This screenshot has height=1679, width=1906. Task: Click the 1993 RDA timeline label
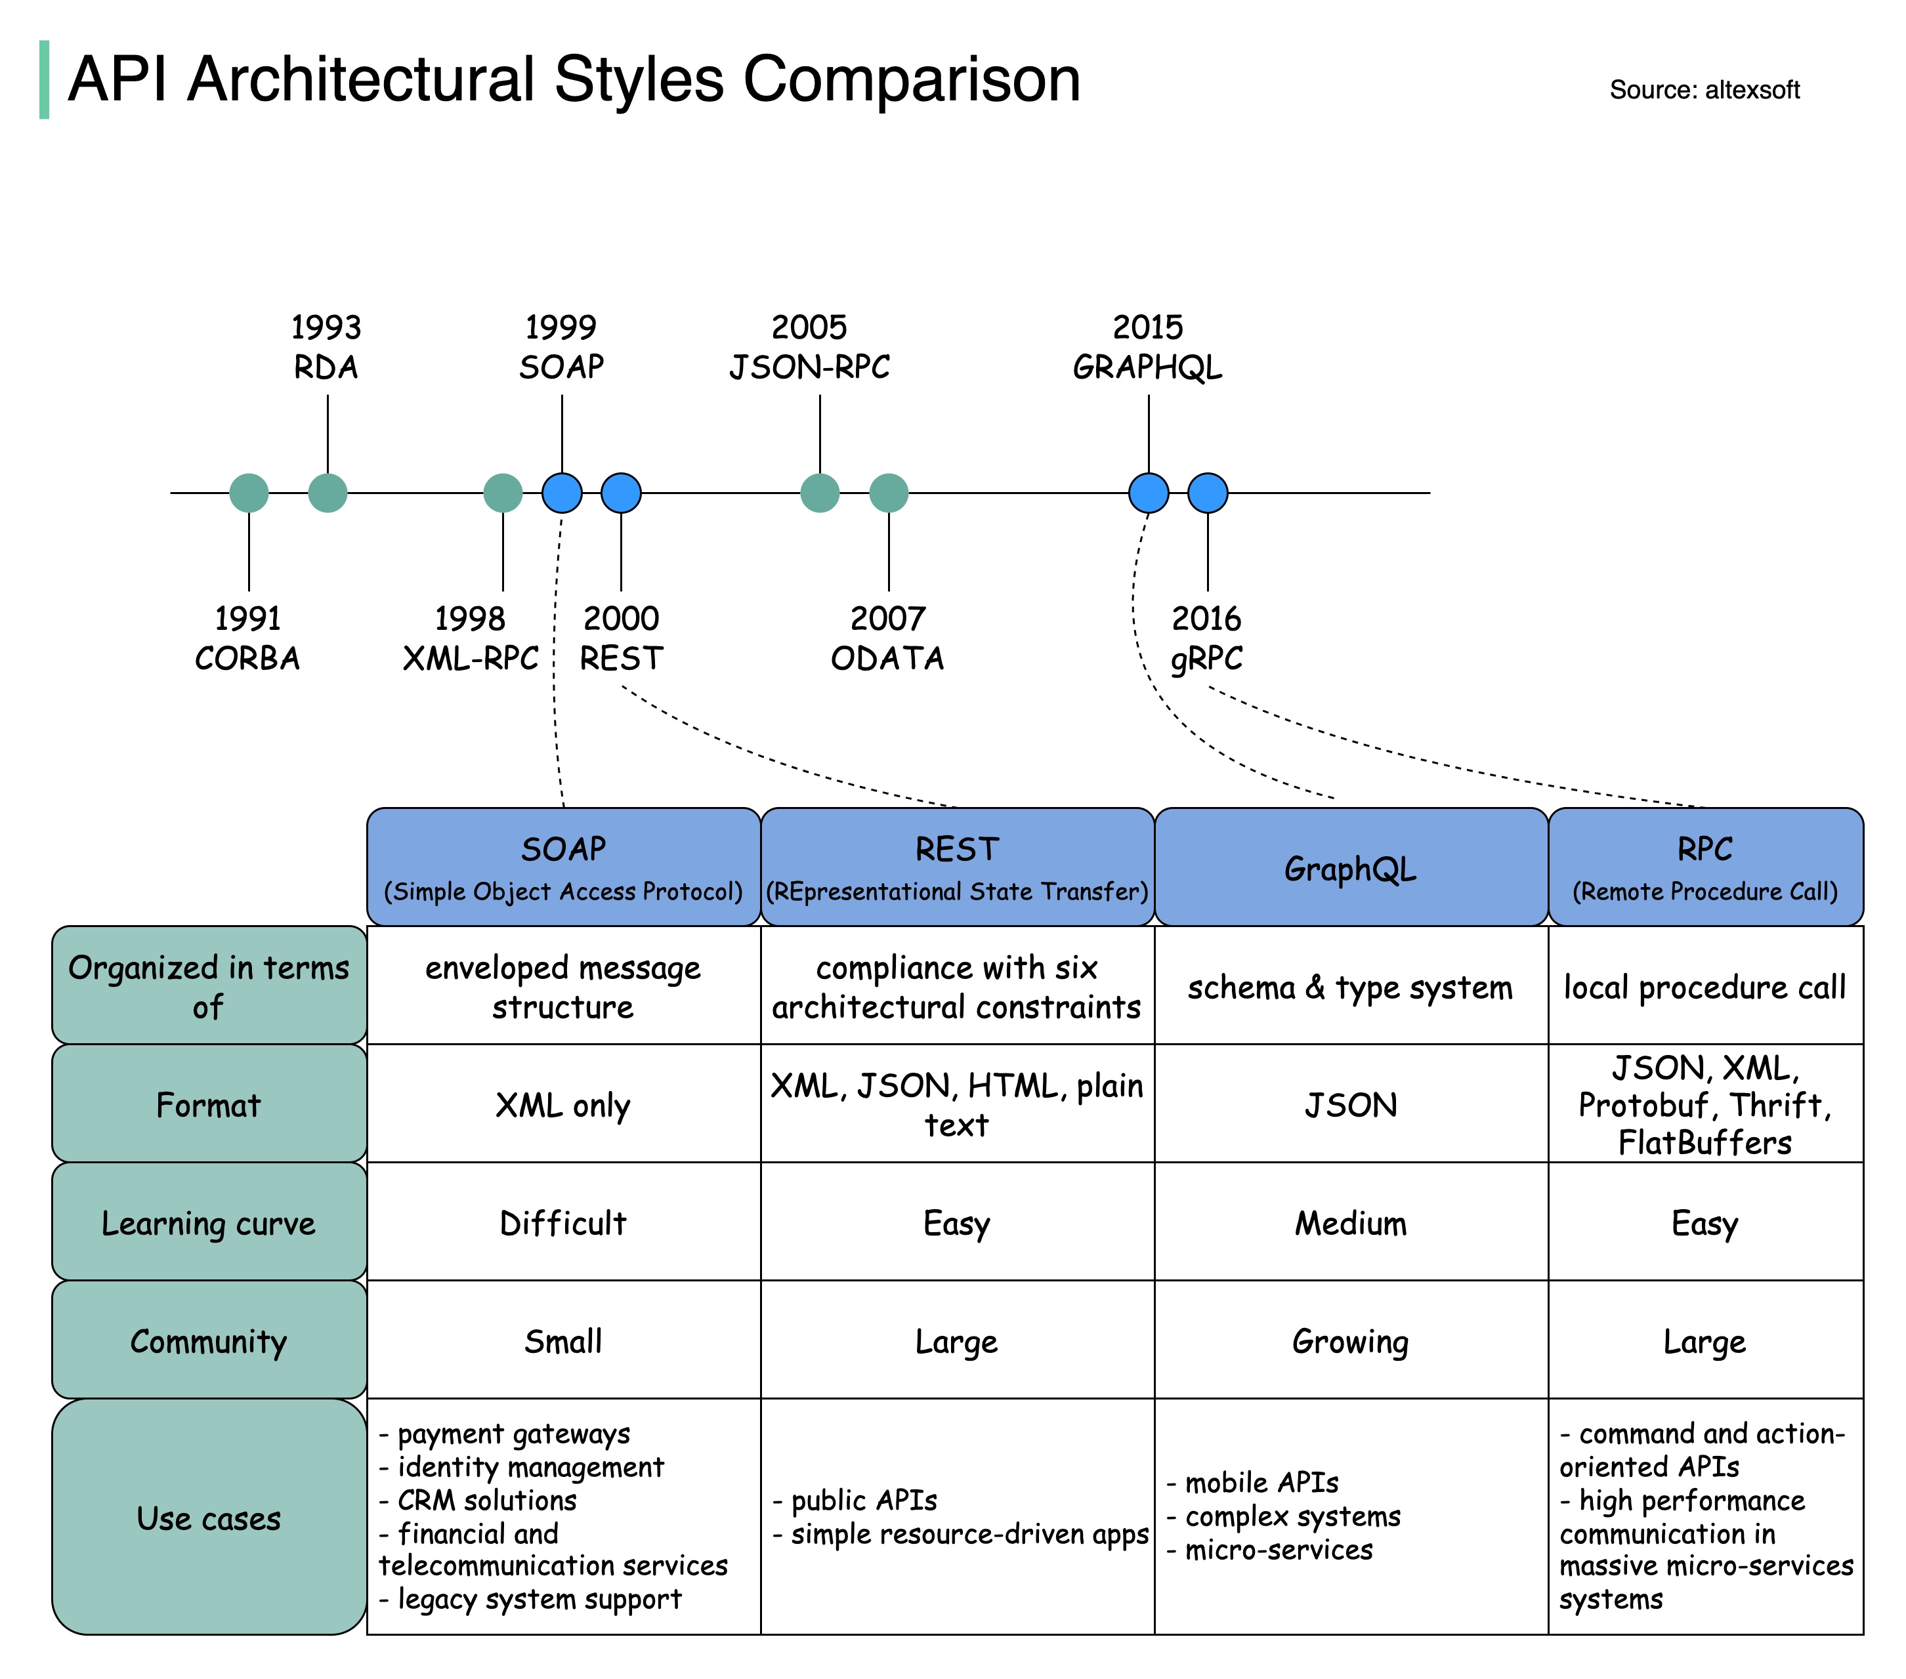tap(326, 347)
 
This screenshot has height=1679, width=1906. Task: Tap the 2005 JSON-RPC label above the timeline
tap(809, 347)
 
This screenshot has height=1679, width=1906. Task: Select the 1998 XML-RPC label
tap(470, 638)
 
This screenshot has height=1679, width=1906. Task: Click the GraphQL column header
tap(1349, 867)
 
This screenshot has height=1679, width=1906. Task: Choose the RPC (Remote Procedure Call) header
tap(1704, 867)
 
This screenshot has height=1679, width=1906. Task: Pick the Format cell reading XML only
tap(562, 1105)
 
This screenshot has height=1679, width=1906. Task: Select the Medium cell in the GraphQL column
tap(1349, 1222)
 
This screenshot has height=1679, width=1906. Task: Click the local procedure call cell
tap(1704, 986)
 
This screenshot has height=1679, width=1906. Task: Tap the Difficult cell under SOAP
tap(562, 1222)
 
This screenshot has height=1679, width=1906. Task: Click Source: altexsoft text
tap(1704, 89)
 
